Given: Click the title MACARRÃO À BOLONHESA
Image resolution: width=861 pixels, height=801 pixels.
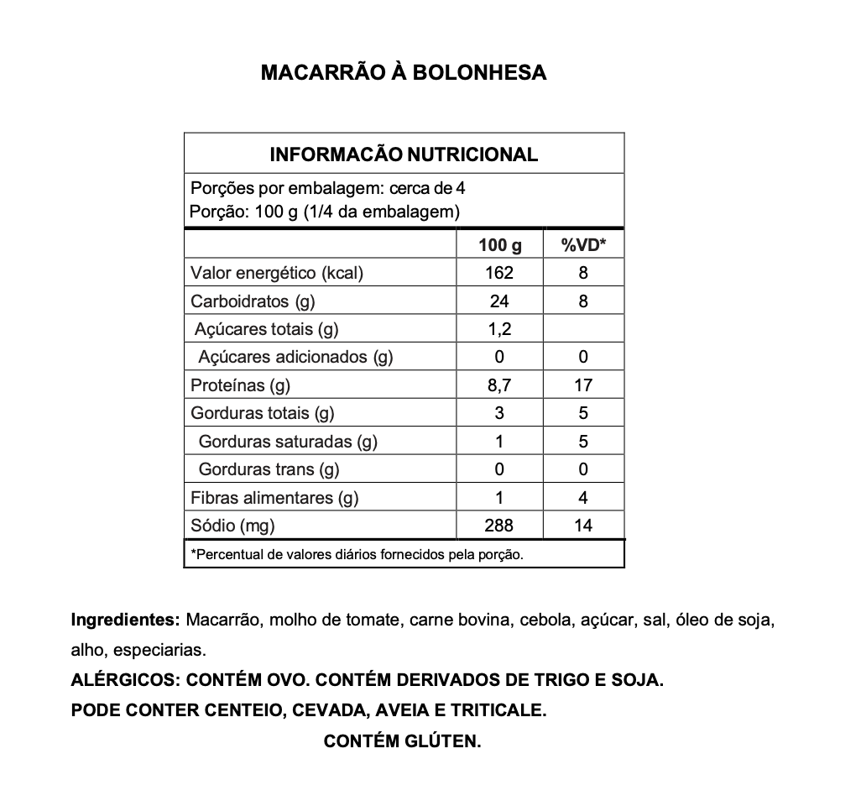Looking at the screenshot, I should pos(404,72).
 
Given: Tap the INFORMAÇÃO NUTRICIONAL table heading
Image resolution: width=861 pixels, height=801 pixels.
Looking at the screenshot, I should pos(404,154).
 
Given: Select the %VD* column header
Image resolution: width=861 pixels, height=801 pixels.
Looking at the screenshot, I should pos(583,245).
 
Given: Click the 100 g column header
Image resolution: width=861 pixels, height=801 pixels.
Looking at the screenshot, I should pos(499,245).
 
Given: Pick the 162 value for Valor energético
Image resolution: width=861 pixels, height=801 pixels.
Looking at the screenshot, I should pos(499,273).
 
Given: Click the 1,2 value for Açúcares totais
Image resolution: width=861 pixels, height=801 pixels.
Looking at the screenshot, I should pos(499,329).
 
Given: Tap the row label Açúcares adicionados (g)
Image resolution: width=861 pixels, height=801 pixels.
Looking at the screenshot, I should pos(295,357).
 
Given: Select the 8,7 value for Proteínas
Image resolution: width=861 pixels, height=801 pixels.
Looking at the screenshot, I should pos(499,385).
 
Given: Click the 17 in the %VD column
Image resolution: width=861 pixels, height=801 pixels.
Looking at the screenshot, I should pos(583,385).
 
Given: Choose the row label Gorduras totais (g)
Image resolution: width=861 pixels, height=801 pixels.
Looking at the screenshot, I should pos(263,413).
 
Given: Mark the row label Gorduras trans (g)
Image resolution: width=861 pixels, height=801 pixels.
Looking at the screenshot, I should pos(269,469).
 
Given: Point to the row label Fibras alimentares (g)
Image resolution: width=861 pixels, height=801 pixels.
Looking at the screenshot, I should pos(274,498).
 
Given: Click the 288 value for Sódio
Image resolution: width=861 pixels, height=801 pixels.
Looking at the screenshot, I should pos(499,526).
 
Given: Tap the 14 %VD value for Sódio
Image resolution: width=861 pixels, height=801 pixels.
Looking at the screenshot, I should pos(583,526).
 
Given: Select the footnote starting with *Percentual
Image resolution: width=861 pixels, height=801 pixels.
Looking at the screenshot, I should pos(357,554).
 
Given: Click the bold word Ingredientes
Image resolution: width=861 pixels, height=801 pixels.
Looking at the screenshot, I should pos(125,621).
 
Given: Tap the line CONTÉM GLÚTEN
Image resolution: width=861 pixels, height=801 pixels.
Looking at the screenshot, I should pos(402,741).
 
